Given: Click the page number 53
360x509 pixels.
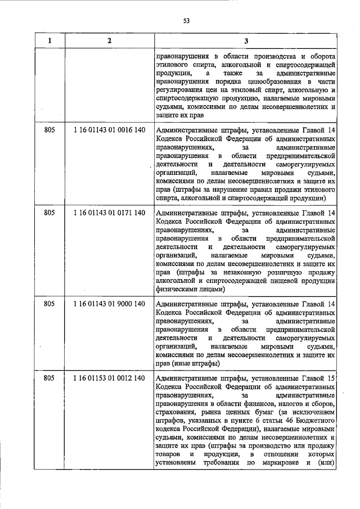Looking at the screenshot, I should (186, 21).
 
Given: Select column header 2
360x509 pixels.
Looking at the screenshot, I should (109, 41).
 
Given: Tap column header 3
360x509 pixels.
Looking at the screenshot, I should (246, 41).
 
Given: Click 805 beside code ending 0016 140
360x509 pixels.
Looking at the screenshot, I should (49, 130).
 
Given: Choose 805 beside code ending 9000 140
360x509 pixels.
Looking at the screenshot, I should (49, 304).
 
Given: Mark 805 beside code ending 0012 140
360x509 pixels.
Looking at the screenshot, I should (49, 378).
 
